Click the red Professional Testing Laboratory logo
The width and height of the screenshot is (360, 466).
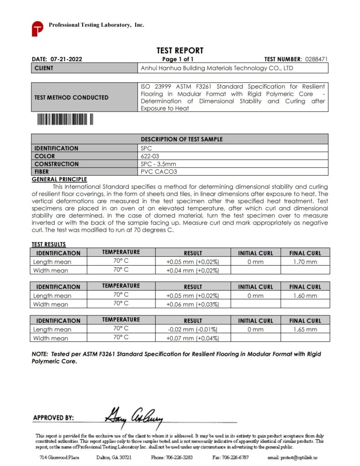point(37,28)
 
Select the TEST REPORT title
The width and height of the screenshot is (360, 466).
point(180,51)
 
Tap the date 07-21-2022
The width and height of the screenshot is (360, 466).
point(66,59)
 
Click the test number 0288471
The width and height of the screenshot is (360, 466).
point(316,59)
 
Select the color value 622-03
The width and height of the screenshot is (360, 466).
point(150,156)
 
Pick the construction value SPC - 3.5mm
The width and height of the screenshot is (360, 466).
point(158,164)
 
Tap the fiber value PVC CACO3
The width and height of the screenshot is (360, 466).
point(158,172)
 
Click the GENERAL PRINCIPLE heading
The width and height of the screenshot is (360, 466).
point(59,179)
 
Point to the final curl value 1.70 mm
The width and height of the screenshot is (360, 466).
point(305,262)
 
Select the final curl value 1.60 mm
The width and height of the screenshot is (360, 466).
point(305,296)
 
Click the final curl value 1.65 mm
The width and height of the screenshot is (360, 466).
point(305,329)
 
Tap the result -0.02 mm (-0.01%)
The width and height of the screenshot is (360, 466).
point(193,329)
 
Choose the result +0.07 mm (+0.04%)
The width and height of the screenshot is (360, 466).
point(193,338)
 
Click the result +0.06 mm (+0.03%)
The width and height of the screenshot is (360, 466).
point(193,304)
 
